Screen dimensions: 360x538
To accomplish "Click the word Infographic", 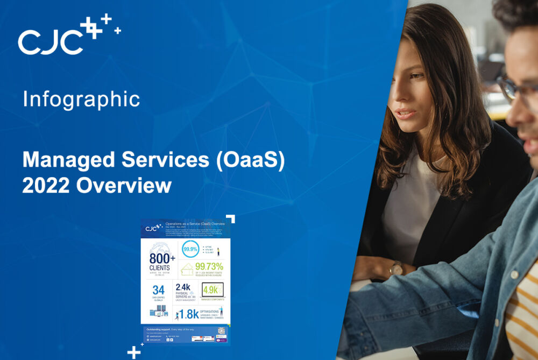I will pos(81,100).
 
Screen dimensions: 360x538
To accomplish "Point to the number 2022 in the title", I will pos(46,186).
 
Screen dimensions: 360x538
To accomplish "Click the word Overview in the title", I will pos(124,186).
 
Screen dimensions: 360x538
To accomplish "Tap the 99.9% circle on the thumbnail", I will pos(189,250).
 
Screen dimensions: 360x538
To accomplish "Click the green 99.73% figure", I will pos(209,266).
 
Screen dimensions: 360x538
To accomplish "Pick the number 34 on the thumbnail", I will pos(159,291).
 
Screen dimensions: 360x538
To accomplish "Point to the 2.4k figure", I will pos(183,287).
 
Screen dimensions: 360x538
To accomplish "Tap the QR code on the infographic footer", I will pos(221,330).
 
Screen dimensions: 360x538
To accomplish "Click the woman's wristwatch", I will pos(397,267).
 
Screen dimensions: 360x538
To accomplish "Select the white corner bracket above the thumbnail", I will pos(231,218).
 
